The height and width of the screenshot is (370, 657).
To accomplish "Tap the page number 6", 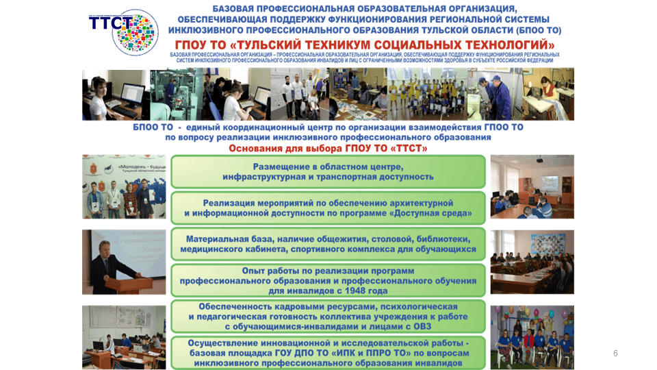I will tap(615, 354).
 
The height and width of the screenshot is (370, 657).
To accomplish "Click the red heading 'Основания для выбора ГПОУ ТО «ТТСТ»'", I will tap(328, 148).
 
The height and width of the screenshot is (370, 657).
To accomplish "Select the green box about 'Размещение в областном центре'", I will tap(328, 171).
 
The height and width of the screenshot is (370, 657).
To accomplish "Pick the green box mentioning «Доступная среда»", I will tap(328, 208).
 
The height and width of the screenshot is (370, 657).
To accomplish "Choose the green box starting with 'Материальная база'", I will tap(328, 244).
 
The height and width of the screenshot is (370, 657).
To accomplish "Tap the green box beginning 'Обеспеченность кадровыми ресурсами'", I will tap(328, 317).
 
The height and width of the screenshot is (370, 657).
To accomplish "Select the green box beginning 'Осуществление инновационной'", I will tap(328, 352).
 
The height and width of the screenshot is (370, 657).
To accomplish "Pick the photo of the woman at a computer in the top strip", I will tap(115, 94).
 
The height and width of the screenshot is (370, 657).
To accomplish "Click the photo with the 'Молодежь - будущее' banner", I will tap(124, 186).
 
